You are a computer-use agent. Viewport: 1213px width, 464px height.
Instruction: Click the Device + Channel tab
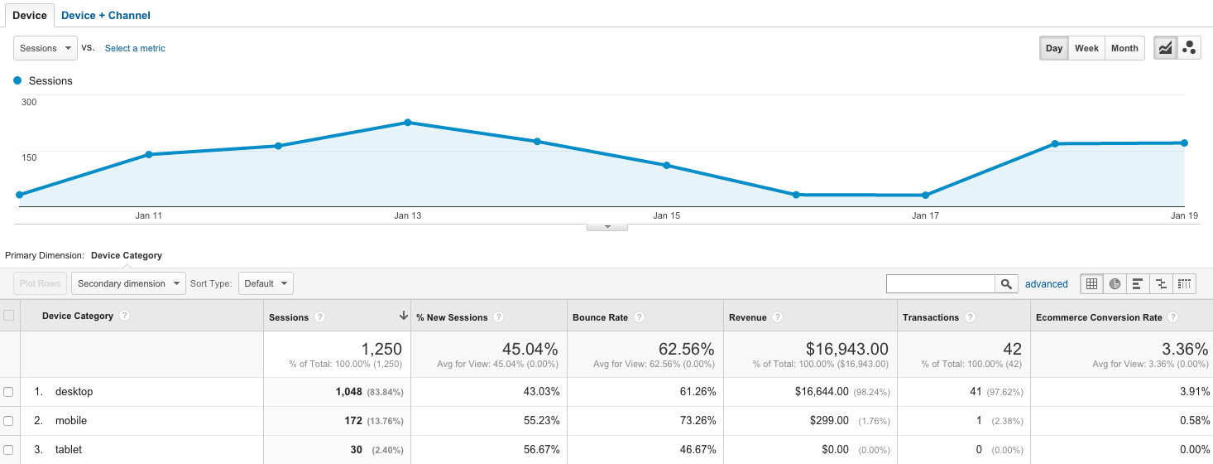point(106,15)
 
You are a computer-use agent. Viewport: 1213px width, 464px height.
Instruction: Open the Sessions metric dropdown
point(46,48)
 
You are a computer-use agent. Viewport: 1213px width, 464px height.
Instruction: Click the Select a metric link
point(135,48)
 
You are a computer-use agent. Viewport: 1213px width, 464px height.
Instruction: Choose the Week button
point(1086,48)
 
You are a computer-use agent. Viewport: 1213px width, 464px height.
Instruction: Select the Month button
point(1124,48)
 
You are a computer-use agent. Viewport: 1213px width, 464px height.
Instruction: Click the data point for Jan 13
point(408,123)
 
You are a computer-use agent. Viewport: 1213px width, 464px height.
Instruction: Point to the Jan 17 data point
point(926,196)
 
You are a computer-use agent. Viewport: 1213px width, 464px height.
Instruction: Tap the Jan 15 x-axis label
point(666,215)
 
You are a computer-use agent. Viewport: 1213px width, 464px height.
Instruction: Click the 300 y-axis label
point(29,102)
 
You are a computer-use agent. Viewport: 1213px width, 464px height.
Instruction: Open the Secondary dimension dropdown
point(129,283)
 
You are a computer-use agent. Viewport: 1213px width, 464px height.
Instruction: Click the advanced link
point(1047,284)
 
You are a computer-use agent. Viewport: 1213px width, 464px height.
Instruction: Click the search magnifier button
point(1006,284)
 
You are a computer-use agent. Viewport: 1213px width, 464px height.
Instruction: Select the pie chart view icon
point(1115,284)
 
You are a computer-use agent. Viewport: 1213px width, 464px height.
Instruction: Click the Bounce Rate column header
point(600,317)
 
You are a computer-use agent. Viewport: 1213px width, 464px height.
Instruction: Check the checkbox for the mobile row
point(9,421)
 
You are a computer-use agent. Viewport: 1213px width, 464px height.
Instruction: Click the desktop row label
point(74,391)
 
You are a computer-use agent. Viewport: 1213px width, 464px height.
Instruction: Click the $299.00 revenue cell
point(830,421)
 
